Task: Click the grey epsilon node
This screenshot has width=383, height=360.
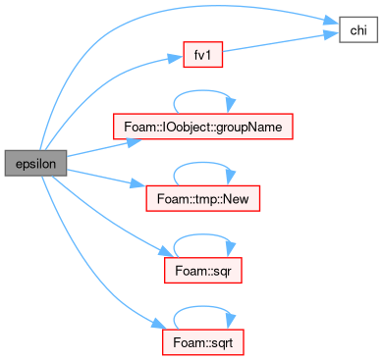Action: pyautogui.click(x=35, y=163)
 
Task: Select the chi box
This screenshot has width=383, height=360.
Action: pyautogui.click(x=358, y=30)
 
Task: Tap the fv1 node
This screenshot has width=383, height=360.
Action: pyautogui.click(x=203, y=55)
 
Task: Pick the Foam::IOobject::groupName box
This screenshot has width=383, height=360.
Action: pyautogui.click(x=203, y=127)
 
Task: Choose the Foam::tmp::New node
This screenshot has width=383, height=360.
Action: pyautogui.click(x=203, y=198)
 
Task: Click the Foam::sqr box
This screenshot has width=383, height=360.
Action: pyautogui.click(x=203, y=271)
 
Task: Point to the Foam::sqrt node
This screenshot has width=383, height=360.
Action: pyautogui.click(x=203, y=342)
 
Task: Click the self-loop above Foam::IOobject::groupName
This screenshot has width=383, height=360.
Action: pyautogui.click(x=203, y=91)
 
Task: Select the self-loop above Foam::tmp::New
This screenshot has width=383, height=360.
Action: pyautogui.click(x=203, y=163)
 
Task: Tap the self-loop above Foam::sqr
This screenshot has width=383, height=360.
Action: pyautogui.click(x=203, y=234)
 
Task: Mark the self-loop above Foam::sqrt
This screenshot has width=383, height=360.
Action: pyautogui.click(x=203, y=307)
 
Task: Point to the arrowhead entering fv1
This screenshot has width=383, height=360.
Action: pyautogui.click(x=176, y=58)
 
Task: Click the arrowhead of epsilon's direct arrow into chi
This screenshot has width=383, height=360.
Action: pyautogui.click(x=331, y=21)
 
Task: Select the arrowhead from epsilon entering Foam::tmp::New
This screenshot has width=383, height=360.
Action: pyautogui.click(x=138, y=183)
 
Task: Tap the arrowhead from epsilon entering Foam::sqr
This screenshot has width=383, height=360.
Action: pyautogui.click(x=165, y=252)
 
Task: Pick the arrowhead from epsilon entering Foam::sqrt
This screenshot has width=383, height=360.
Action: pyautogui.click(x=159, y=325)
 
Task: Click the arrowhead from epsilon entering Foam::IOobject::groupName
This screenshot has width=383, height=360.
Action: pyautogui.click(x=135, y=142)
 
